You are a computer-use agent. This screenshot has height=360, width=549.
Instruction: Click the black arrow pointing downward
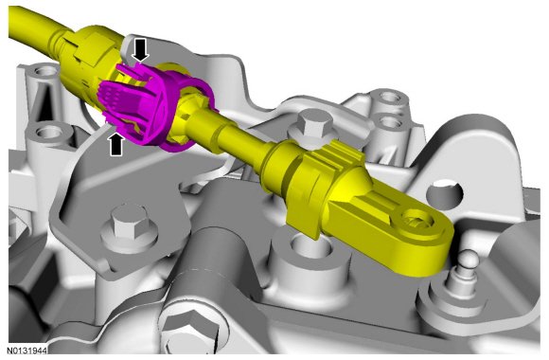(141, 50)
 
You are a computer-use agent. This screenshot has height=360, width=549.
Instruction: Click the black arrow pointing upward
(116, 144)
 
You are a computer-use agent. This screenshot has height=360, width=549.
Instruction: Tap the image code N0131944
(27, 351)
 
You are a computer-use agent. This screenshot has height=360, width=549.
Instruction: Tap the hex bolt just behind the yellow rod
(311, 125)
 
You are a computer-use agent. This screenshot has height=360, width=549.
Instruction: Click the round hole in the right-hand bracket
(445, 191)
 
